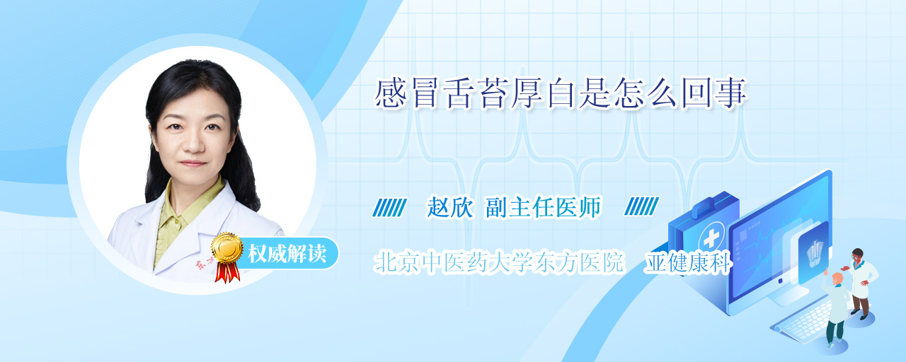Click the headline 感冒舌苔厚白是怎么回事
pos(560,94)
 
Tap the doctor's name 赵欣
pos(449,207)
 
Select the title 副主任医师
pos(543,207)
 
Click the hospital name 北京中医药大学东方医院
pos(499,262)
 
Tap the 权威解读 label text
pos(287,254)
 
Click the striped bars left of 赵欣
pos(389,207)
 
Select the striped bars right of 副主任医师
pos(641,206)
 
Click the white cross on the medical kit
pos(711,239)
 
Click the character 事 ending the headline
pos(730,94)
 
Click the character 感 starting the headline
pos(390,94)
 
